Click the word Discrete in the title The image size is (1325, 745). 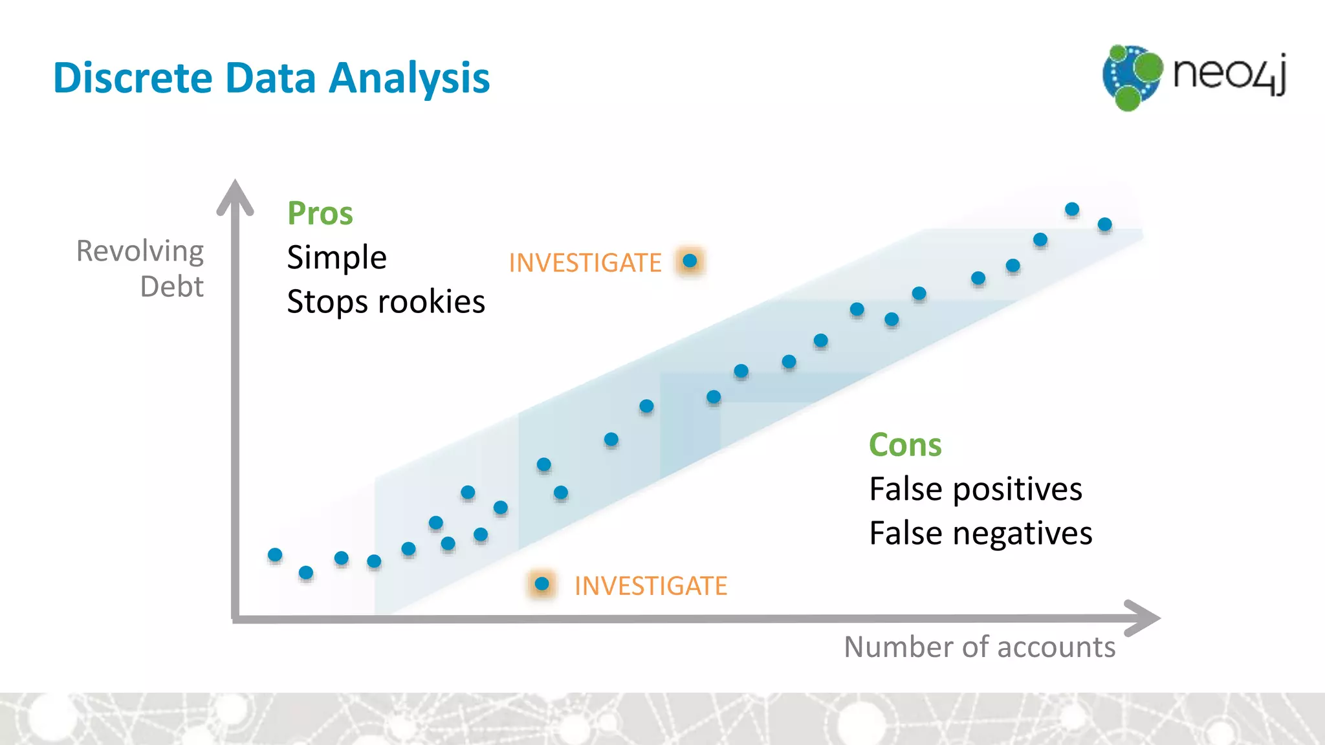(x=133, y=78)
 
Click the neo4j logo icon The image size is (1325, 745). (x=1132, y=77)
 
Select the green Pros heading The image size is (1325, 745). (x=320, y=213)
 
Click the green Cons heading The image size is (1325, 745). (x=904, y=445)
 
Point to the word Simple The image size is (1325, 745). (x=336, y=257)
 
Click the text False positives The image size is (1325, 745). (x=975, y=489)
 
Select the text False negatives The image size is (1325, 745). (x=980, y=534)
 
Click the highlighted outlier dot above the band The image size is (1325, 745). (x=690, y=261)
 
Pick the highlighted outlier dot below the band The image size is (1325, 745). (x=542, y=585)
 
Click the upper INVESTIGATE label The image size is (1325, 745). (x=585, y=263)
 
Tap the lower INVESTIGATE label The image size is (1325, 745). (x=650, y=586)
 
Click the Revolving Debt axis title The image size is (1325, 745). (x=140, y=268)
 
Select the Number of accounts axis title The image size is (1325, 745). (x=980, y=647)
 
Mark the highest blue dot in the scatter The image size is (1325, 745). (x=1072, y=209)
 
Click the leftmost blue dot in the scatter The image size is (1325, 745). (x=275, y=555)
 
